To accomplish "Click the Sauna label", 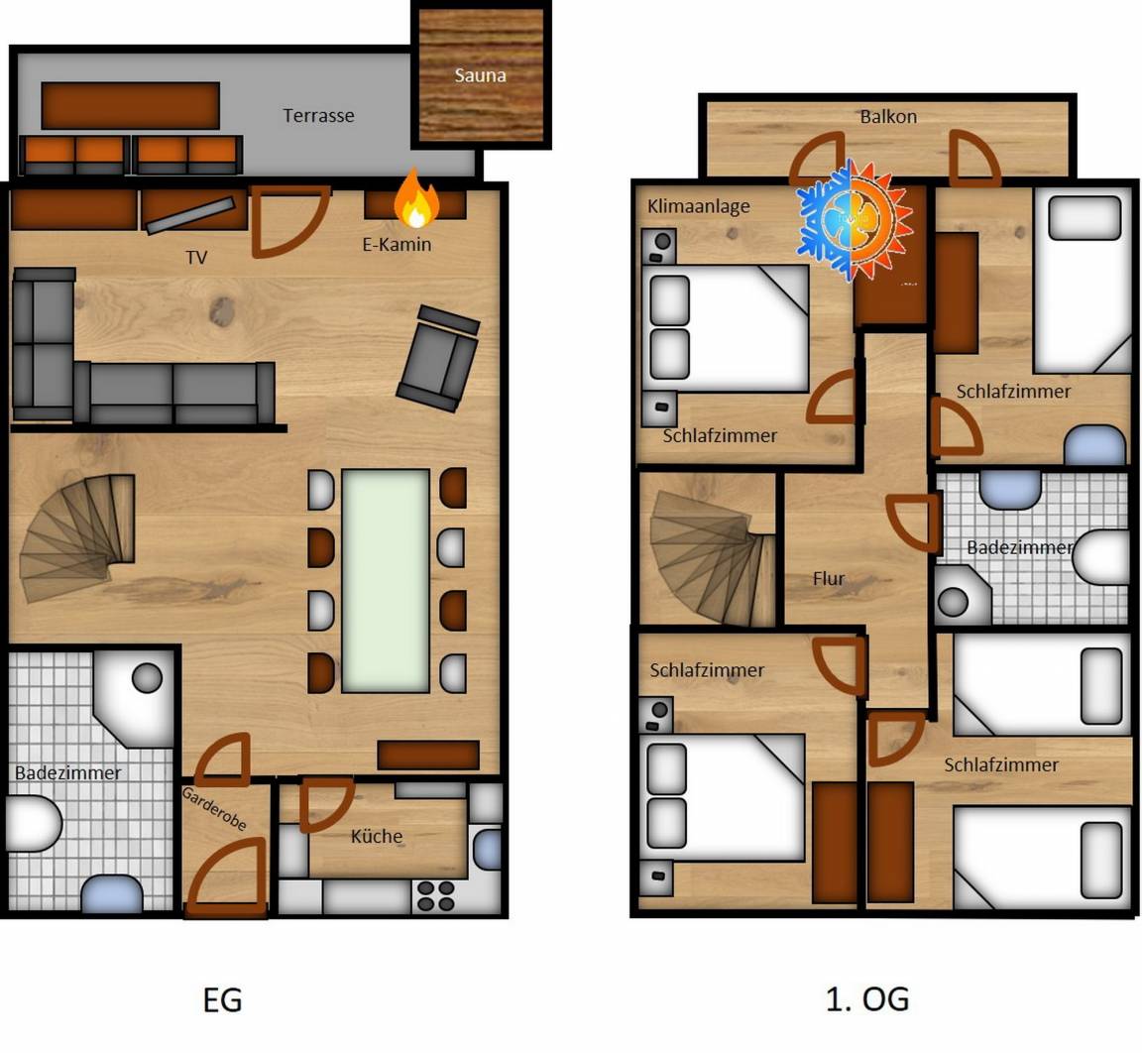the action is coord(480,75).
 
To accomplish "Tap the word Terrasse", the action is coord(318,115).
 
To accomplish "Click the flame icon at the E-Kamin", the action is coord(416,198).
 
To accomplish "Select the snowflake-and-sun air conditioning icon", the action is coord(855,220).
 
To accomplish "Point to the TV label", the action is coord(196,257).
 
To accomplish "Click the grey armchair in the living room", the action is coord(438,358).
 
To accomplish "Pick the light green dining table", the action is coord(386,580).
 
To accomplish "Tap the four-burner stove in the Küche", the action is coord(435,896).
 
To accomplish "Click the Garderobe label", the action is coord(214,808).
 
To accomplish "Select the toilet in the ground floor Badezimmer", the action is coord(34,824).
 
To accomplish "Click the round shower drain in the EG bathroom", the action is coord(147,678).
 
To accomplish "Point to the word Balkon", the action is coord(888,117).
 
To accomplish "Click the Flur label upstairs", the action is coord(829,579).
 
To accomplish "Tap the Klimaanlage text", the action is coord(699,207).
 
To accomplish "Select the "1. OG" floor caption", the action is coord(867,999).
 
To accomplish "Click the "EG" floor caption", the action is coord(222,999).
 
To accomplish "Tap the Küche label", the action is coord(377,836).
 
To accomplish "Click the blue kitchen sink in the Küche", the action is coord(487,849).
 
